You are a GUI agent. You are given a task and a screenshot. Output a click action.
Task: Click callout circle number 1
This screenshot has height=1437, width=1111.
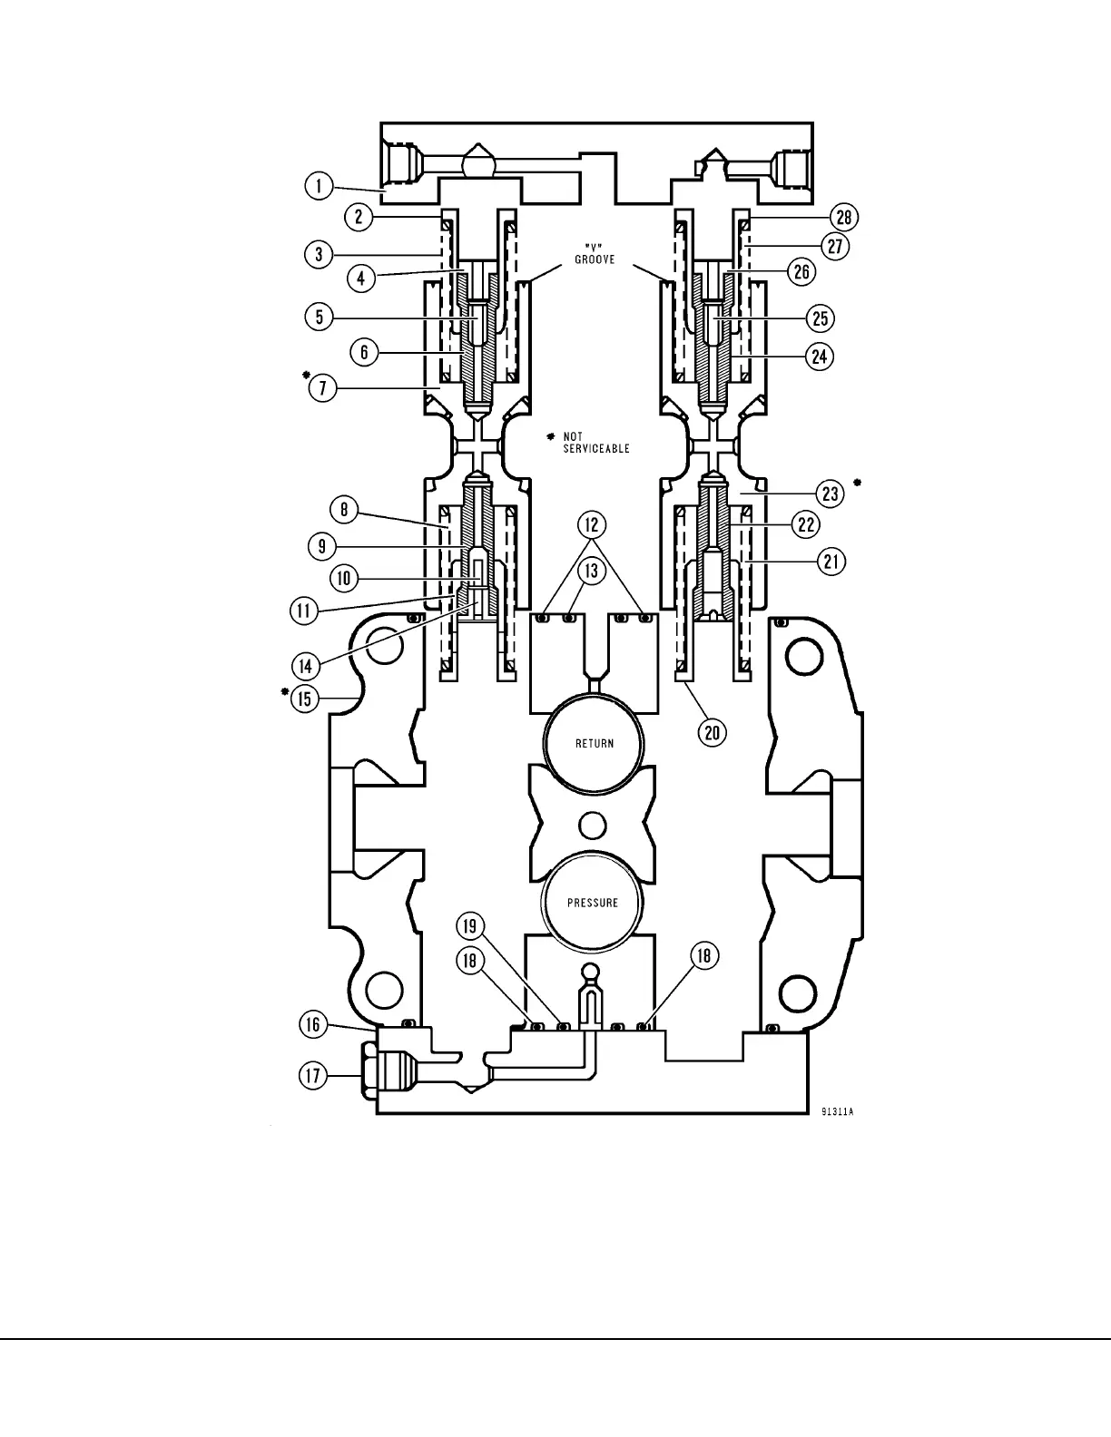pyautogui.click(x=318, y=187)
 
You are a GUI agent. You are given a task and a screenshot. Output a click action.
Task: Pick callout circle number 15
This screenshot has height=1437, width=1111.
pyautogui.click(x=304, y=698)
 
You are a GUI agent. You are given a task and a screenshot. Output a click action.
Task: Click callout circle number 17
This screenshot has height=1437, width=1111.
pyautogui.click(x=313, y=1076)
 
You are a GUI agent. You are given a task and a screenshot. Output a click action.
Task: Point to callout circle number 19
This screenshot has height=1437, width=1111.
pyautogui.click(x=469, y=926)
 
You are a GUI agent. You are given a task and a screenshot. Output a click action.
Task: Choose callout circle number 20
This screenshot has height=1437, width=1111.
pyautogui.click(x=713, y=731)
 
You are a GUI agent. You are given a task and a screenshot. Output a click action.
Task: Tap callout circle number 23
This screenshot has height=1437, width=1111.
pyautogui.click(x=831, y=494)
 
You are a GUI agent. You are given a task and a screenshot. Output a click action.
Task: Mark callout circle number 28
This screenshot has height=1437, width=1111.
pyautogui.click(x=845, y=217)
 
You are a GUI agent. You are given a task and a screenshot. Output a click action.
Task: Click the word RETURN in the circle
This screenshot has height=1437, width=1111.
pyautogui.click(x=595, y=744)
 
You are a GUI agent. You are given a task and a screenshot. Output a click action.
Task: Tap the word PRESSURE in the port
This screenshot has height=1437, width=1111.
pyautogui.click(x=593, y=903)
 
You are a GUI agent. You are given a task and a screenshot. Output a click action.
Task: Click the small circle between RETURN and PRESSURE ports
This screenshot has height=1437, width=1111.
pyautogui.click(x=592, y=825)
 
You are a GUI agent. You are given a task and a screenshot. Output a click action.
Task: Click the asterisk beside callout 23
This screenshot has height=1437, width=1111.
pyautogui.click(x=857, y=482)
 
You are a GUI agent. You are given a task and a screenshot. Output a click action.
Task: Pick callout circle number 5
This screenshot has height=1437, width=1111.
pyautogui.click(x=320, y=317)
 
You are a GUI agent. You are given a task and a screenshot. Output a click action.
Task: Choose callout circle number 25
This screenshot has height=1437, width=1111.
pyautogui.click(x=820, y=318)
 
